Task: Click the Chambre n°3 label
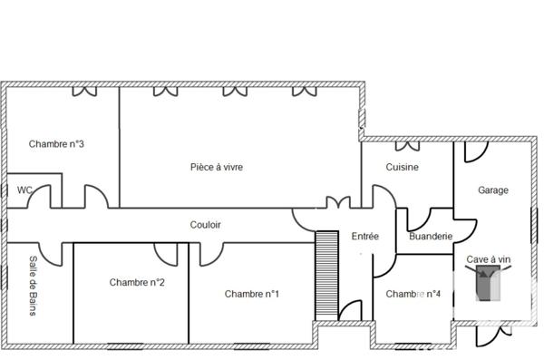57,143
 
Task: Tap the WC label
24,190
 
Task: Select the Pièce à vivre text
217,167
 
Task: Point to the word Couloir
206,225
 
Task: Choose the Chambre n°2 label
137,282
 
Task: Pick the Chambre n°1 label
252,294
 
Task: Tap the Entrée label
364,237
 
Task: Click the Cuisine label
402,167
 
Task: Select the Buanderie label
431,237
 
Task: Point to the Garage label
493,190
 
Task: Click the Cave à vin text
489,260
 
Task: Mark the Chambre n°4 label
413,294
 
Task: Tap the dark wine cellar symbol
488,285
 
